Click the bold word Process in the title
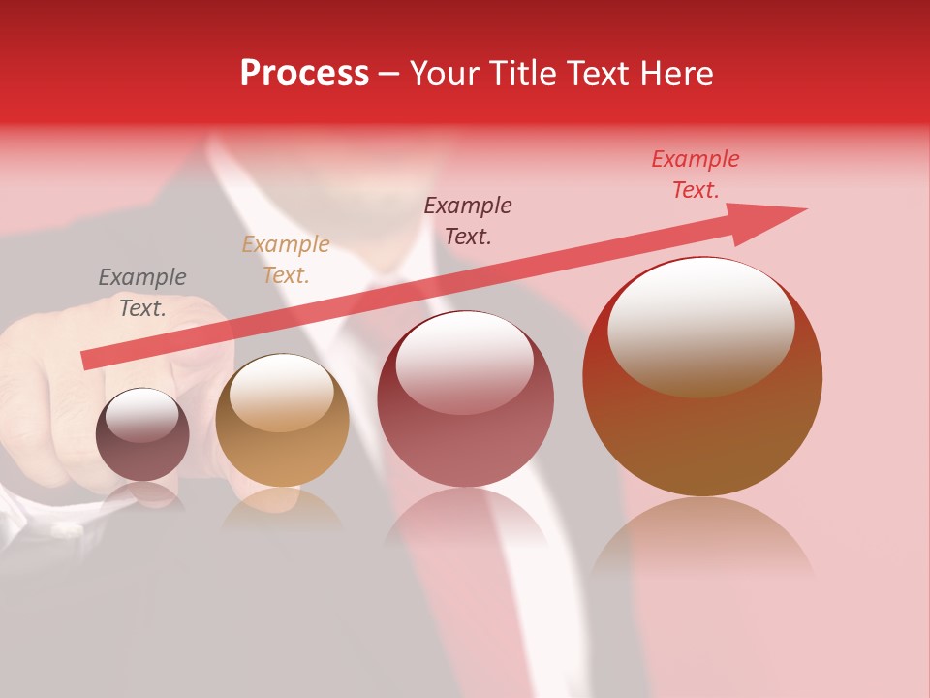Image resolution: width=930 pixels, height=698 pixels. pyautogui.click(x=304, y=74)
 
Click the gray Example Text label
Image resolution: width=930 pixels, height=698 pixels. pyautogui.click(x=142, y=293)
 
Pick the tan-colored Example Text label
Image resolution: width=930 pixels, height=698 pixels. pyautogui.click(x=286, y=260)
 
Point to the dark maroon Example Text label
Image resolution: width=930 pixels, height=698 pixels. pyautogui.click(x=468, y=220)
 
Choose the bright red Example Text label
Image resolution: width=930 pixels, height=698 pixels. pyautogui.click(x=696, y=174)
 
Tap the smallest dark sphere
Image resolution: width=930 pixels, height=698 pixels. pyautogui.click(x=142, y=434)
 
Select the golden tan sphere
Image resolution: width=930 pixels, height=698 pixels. pyautogui.click(x=282, y=421)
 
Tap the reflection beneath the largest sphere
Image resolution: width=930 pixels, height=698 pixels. pyautogui.click(x=702, y=543)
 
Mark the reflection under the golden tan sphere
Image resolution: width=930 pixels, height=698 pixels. pyautogui.click(x=282, y=509)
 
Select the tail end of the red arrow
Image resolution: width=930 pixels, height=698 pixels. pyautogui.click(x=90, y=360)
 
